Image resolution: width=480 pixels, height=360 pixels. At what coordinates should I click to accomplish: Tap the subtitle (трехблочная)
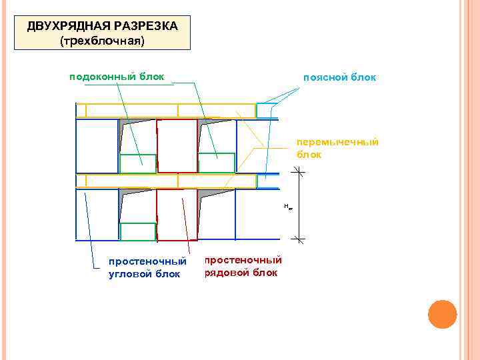102,41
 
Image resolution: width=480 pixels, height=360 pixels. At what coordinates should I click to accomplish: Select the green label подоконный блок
117,77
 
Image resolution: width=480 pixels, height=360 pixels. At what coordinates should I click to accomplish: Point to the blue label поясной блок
339,78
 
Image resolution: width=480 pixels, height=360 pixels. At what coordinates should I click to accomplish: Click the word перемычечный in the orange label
337,142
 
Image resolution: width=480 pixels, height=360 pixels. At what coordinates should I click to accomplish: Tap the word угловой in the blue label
130,273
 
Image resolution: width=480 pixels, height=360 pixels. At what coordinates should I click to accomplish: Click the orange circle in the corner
441,314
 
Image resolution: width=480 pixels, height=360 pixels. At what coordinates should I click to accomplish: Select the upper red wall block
177,146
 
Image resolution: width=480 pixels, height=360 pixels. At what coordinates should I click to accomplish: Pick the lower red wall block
177,215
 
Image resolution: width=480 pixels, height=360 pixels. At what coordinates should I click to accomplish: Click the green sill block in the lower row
138,231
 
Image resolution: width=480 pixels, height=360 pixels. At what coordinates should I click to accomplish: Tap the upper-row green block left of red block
138,163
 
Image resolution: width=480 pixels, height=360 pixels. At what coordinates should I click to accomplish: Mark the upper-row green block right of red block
217,163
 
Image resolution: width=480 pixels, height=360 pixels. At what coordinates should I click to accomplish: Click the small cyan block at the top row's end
267,111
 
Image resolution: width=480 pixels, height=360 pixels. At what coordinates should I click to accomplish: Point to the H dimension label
288,207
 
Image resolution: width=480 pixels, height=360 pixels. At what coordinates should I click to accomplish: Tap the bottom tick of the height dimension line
299,239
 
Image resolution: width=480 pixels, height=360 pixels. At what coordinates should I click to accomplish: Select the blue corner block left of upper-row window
97,146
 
